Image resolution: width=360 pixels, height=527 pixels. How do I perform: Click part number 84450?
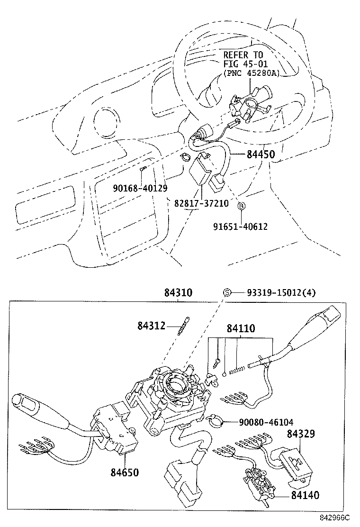coord(260,154)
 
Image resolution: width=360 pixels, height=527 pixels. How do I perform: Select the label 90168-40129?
coord(140,188)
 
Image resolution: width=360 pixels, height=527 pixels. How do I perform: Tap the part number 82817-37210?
coord(201,203)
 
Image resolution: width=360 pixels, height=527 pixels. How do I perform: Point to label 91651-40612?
coord(240,227)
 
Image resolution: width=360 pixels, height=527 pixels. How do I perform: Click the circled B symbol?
coord(241,206)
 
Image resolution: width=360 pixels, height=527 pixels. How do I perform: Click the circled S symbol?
coord(227,293)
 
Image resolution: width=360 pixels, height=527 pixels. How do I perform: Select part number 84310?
coord(178,293)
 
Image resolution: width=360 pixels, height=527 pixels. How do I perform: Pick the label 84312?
coord(152,326)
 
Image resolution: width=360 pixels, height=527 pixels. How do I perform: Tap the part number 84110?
coord(240,328)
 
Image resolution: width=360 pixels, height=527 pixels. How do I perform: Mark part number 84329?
coord(301,434)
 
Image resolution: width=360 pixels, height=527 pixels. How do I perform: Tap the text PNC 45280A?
coord(250,73)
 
